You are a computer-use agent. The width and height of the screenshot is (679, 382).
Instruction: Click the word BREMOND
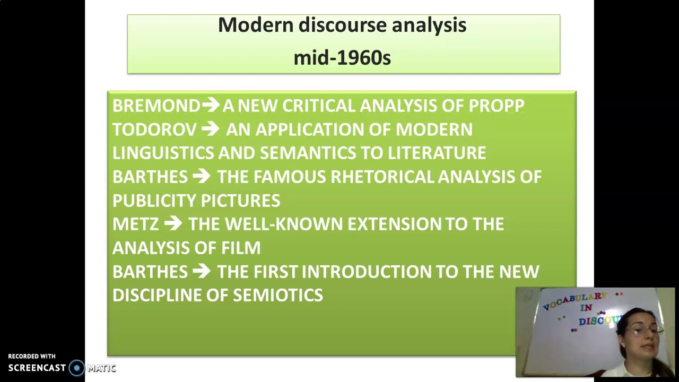[156, 106]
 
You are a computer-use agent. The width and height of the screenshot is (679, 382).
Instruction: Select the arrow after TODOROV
[210, 129]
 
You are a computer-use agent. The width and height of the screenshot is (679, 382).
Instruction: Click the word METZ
[135, 224]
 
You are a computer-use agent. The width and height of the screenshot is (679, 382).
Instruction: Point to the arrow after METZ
[173, 224]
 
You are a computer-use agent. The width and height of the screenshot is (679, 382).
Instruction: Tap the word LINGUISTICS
[163, 153]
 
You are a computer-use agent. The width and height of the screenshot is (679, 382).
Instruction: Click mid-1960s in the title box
[342, 58]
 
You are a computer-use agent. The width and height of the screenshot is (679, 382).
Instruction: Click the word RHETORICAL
[382, 177]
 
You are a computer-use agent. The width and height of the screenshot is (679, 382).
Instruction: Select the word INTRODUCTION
[366, 272]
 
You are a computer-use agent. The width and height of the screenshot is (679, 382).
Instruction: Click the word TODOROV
[154, 129]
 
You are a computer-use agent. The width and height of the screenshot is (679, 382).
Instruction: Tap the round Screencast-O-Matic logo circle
[77, 368]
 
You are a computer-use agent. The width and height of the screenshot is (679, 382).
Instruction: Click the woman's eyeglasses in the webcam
[642, 329]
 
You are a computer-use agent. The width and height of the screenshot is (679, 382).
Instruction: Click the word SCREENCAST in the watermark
[37, 368]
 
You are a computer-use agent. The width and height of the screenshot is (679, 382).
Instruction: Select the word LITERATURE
[437, 153]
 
